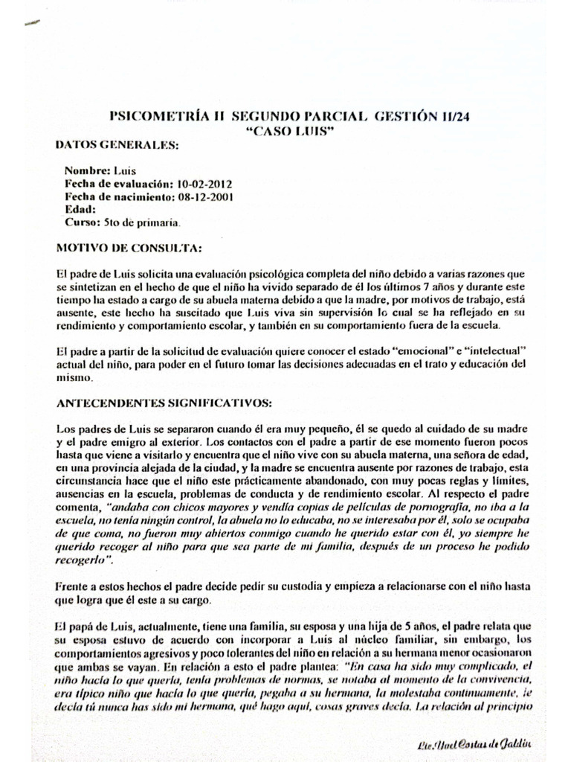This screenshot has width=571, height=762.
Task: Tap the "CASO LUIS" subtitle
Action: pos(286,130)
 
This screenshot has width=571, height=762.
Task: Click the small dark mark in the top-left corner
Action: pos(33,24)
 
